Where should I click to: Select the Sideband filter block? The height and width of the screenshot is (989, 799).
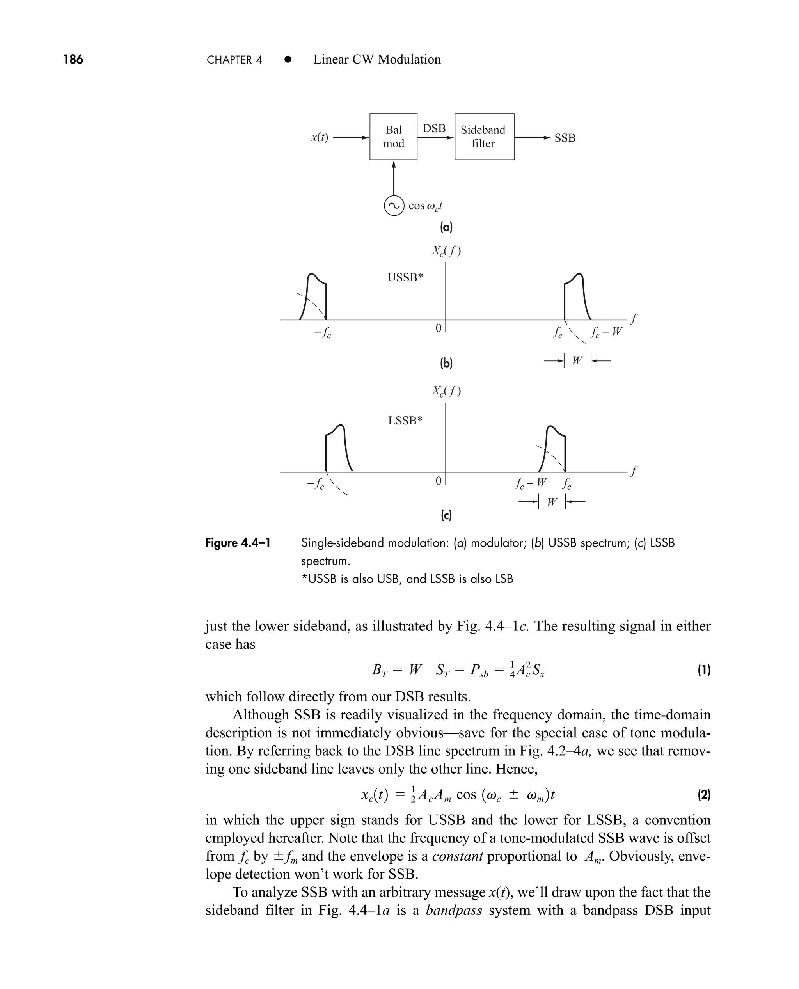coord(484,137)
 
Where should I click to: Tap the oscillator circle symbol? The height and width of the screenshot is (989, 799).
coord(394,206)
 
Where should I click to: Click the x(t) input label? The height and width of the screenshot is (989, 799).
coord(320,138)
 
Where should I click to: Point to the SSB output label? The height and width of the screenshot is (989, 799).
coord(565,138)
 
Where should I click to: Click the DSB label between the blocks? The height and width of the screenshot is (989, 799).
coord(434,128)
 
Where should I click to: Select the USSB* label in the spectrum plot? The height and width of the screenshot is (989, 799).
coord(405,277)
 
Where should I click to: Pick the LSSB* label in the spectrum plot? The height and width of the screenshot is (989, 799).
coord(405,420)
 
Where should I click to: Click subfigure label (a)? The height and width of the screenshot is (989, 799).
coord(446,227)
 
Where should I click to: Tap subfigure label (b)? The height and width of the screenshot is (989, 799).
coord(446,363)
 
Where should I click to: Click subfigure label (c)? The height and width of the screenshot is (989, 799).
coord(446,515)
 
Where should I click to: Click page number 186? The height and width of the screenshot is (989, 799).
coord(73,59)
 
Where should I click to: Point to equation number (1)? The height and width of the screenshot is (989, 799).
coord(704,671)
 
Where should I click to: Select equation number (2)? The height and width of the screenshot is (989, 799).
coord(704,794)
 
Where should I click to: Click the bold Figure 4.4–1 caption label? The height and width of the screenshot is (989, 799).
coord(238,543)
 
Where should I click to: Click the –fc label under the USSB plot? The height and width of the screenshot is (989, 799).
coord(323,332)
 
